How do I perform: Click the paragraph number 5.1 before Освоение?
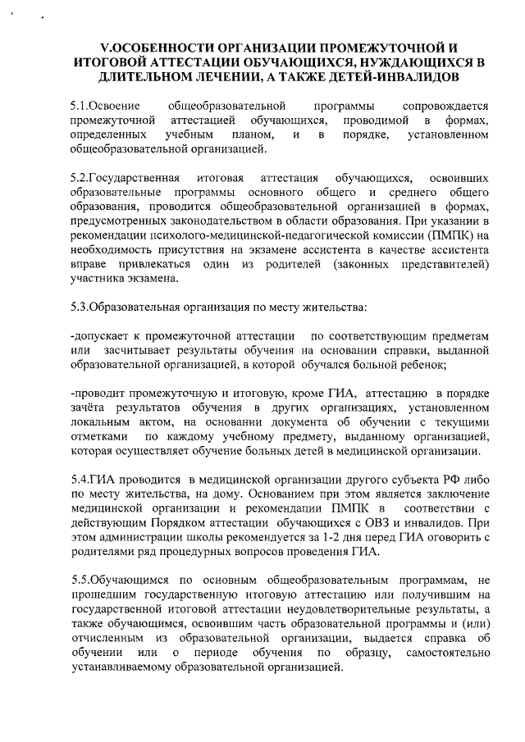(80, 106)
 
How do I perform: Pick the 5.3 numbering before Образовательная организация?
(80, 307)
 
